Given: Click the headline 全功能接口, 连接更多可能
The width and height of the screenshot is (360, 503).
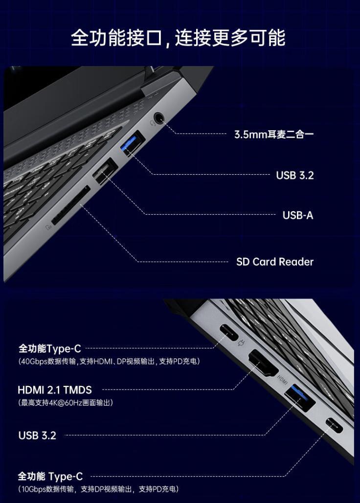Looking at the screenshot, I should [x=178, y=38].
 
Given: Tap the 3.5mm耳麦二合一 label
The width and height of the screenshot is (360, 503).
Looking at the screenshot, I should [x=274, y=134].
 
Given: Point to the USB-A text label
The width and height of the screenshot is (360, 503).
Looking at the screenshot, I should [x=298, y=215].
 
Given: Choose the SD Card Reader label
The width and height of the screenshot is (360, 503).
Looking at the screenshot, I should [x=275, y=262].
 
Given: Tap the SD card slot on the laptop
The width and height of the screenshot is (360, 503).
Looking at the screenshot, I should [x=70, y=206].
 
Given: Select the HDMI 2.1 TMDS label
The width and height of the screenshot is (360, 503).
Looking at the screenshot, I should [x=55, y=390].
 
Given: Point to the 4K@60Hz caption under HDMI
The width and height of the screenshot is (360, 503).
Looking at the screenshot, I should [x=66, y=403].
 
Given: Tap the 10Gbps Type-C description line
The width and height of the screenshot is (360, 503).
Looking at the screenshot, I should [x=98, y=489].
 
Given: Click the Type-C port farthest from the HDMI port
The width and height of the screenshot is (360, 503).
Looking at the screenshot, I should [x=334, y=425].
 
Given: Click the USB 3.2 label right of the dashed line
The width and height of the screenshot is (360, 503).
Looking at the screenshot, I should [x=295, y=175].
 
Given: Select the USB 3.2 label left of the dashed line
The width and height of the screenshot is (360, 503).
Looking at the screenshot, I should [x=37, y=435].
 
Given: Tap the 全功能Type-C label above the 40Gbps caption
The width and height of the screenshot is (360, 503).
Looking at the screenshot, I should [x=49, y=349].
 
